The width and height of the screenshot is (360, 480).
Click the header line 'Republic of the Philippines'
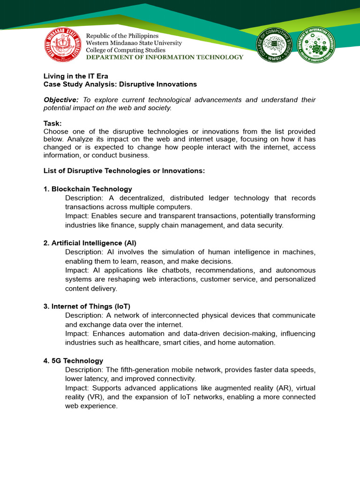pyautogui.click(x=122, y=36)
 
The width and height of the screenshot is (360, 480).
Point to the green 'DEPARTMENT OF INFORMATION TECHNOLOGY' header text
pyautogui.click(x=165, y=57)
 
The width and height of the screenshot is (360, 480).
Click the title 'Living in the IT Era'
pyautogui.click(x=76, y=76)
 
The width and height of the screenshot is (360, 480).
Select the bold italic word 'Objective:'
pyautogui.click(x=61, y=100)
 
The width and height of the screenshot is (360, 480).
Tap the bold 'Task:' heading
pyautogui.click(x=52, y=123)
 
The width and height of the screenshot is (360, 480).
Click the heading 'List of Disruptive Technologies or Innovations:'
pyautogui.click(x=124, y=171)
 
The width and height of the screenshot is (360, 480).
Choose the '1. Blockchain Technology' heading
pyautogui.click(x=88, y=189)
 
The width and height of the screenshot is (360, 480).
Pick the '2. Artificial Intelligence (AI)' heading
pyautogui.click(x=90, y=243)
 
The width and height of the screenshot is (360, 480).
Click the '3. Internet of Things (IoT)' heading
pyautogui.click(x=87, y=306)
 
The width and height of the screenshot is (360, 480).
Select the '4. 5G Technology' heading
pyautogui.click(x=73, y=360)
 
